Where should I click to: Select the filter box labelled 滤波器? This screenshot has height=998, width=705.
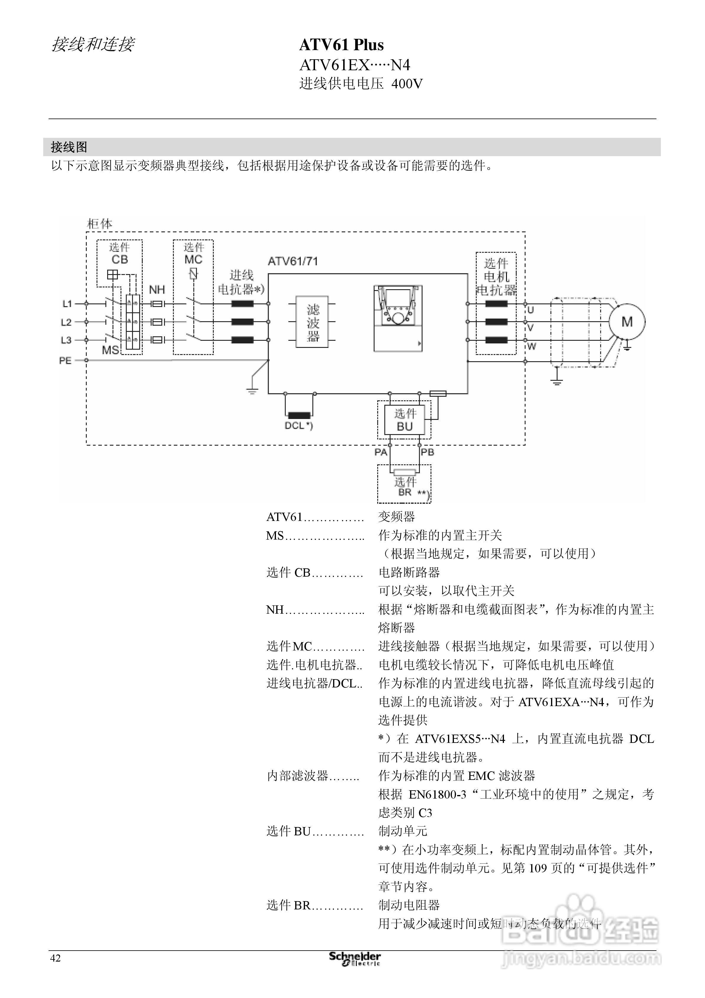[312, 322]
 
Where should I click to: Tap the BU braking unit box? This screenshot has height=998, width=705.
[404, 420]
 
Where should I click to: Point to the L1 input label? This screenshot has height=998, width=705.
[67, 304]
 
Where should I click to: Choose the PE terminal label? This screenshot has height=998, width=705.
[65, 360]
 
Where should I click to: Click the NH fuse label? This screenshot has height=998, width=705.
[157, 290]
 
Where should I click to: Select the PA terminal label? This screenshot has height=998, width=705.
[381, 452]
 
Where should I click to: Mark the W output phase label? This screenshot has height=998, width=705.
[532, 346]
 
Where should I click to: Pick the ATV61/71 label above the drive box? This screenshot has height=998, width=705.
[293, 261]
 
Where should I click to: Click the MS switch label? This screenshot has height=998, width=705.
[110, 350]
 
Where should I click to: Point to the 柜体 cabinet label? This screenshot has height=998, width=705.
[100, 224]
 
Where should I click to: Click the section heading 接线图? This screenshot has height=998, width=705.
[69, 147]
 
